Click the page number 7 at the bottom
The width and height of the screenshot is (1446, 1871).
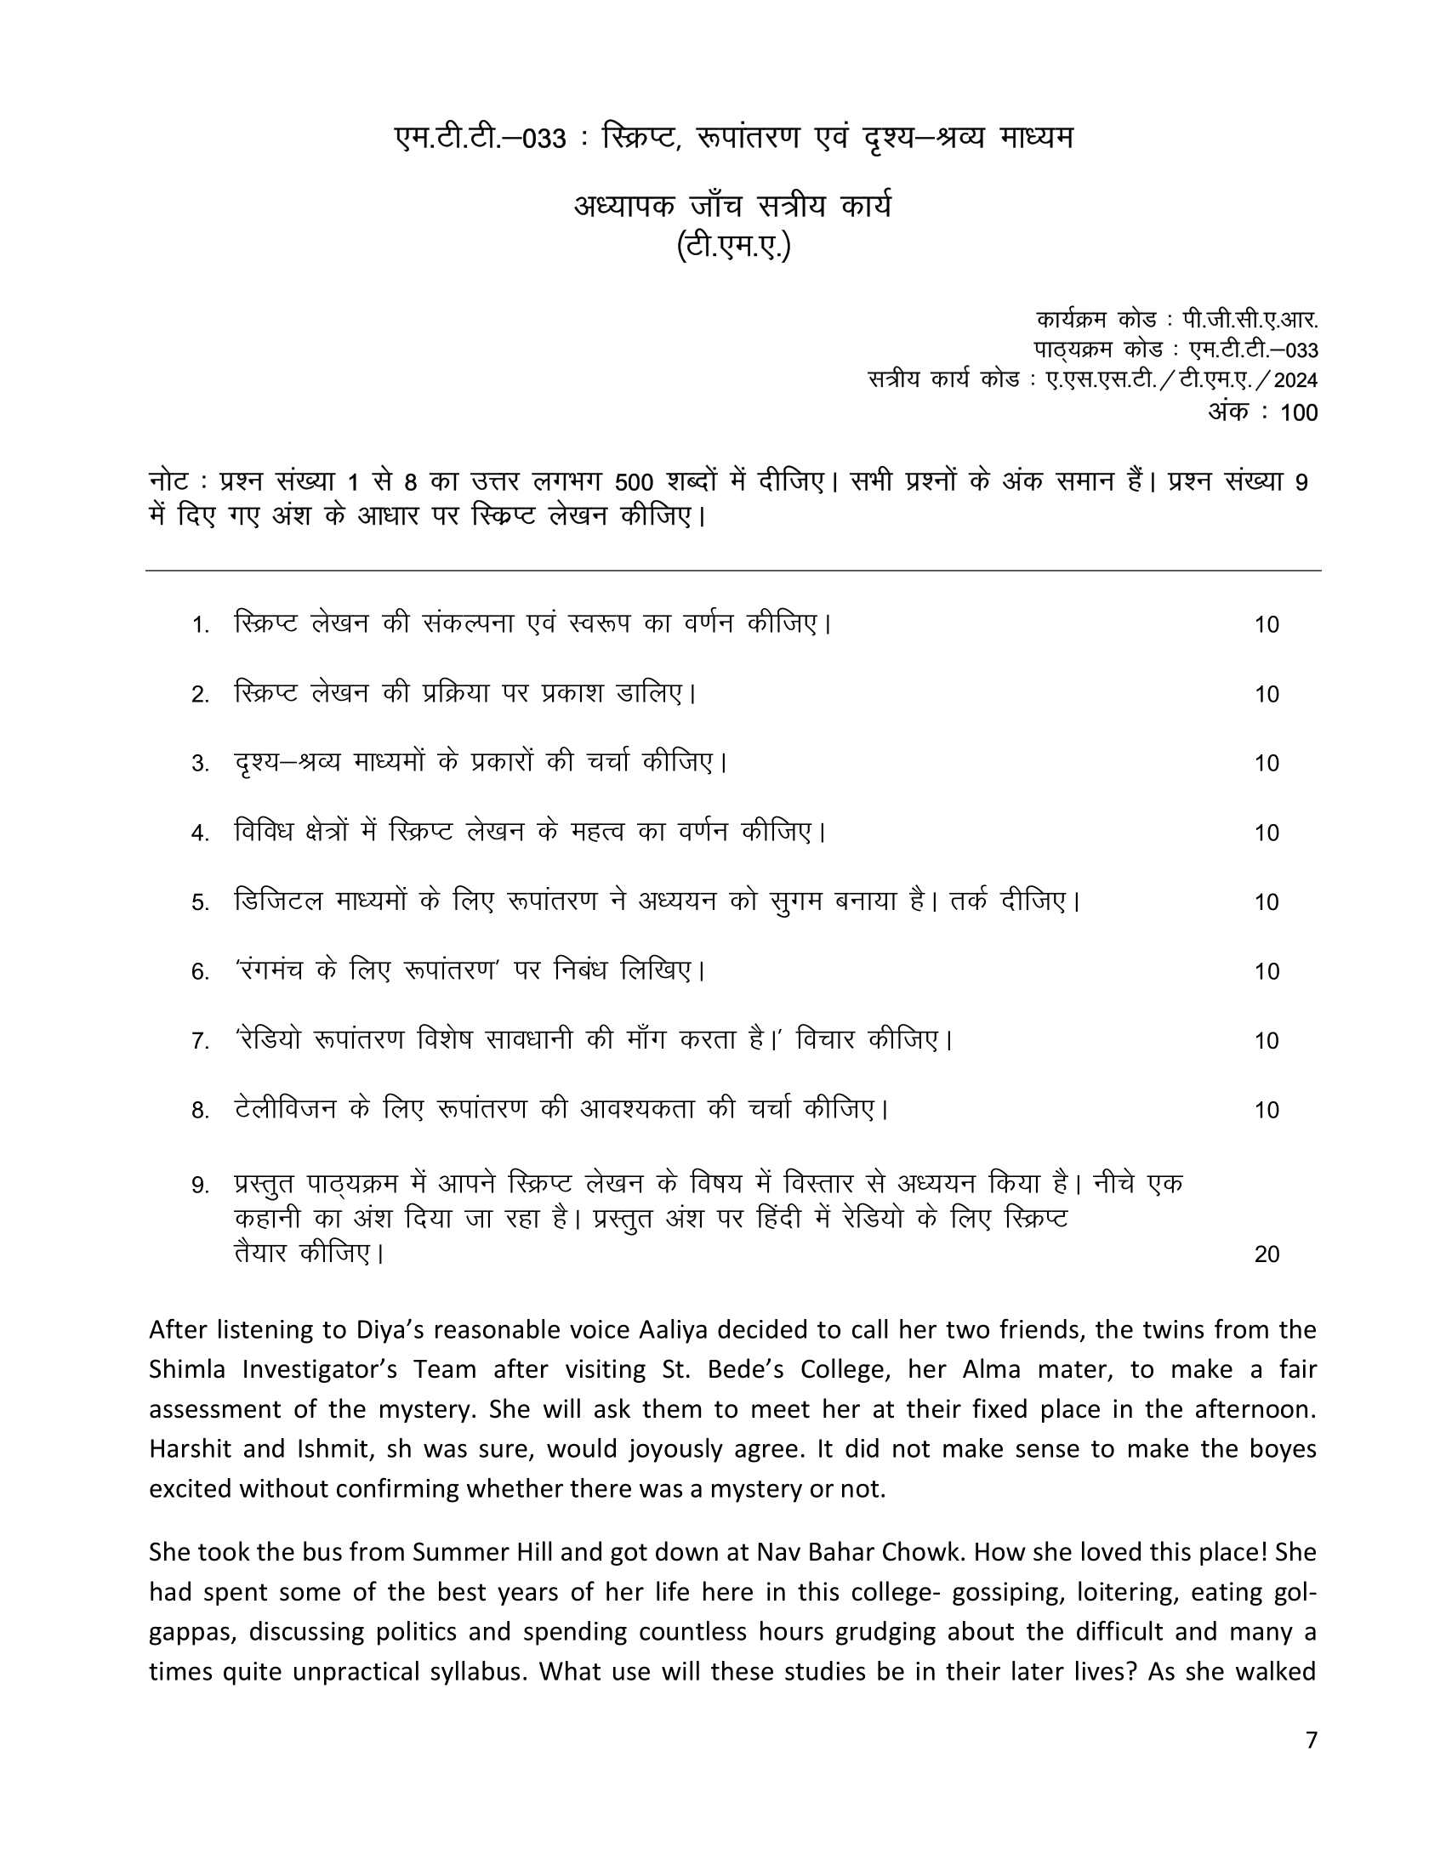coord(1311,1740)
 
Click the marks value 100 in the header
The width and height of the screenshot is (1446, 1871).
coord(1299,412)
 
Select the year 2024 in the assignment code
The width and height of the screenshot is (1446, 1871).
coord(1295,380)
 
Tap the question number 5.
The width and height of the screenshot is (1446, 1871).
coord(201,903)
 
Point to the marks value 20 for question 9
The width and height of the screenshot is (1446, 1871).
coord(1267,1254)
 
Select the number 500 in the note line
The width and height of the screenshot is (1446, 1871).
coord(635,483)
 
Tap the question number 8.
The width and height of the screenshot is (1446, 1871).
coord(201,1112)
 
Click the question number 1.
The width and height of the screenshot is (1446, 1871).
coord(201,625)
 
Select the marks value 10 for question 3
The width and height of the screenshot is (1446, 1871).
coord(1267,764)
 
